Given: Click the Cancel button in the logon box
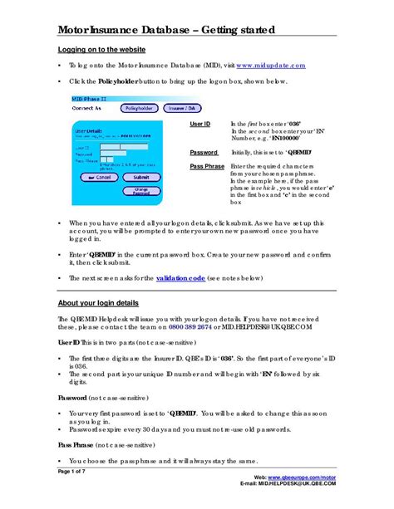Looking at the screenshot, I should pos(99,177).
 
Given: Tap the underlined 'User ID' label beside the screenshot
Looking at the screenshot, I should pos(200,123).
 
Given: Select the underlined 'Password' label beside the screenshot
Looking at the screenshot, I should pos(204,153).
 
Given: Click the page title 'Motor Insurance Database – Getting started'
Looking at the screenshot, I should pos(165,31).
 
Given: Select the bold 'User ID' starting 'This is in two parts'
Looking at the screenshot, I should pos(69,341).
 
